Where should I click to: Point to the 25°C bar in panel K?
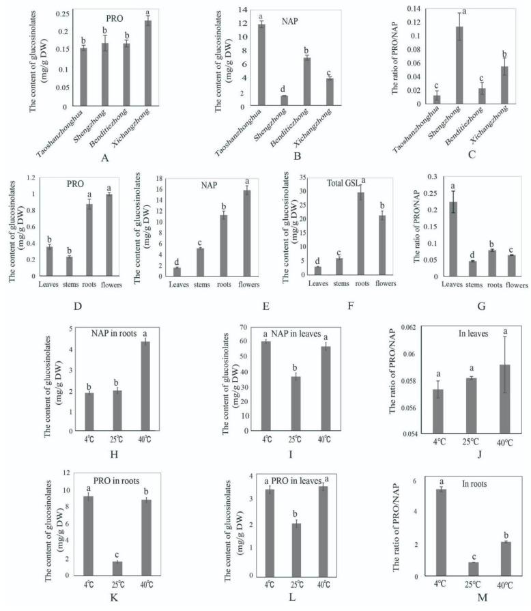pos(117,567)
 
